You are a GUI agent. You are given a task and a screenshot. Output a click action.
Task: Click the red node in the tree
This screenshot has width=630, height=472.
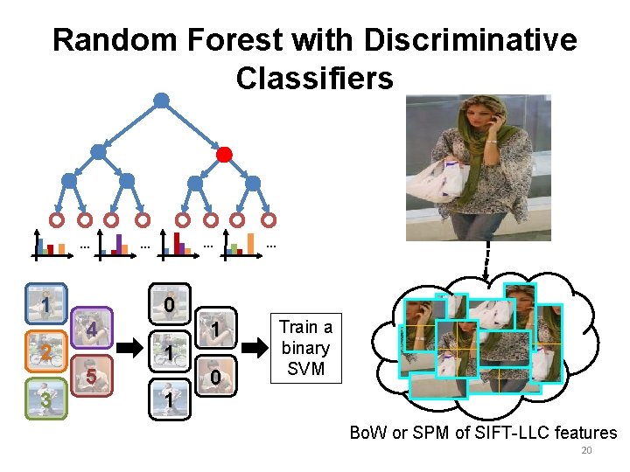click(x=224, y=156)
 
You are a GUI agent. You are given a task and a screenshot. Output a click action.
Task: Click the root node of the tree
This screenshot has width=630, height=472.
click(x=161, y=101)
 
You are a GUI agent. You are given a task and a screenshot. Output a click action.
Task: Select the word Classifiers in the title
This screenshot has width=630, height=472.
click(x=314, y=79)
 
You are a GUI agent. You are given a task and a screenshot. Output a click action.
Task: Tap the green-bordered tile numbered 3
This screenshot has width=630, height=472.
click(x=45, y=398)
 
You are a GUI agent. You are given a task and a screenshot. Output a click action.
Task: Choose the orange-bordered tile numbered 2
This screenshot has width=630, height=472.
click(x=45, y=351)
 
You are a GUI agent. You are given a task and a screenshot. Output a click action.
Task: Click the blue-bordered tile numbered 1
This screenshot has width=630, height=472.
click(x=45, y=304)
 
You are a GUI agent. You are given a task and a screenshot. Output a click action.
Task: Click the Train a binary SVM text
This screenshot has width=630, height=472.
click(x=305, y=348)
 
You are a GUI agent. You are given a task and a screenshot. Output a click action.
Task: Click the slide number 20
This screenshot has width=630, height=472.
click(x=587, y=451)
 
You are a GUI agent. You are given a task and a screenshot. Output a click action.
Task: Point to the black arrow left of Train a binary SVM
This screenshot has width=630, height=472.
click(x=255, y=348)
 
